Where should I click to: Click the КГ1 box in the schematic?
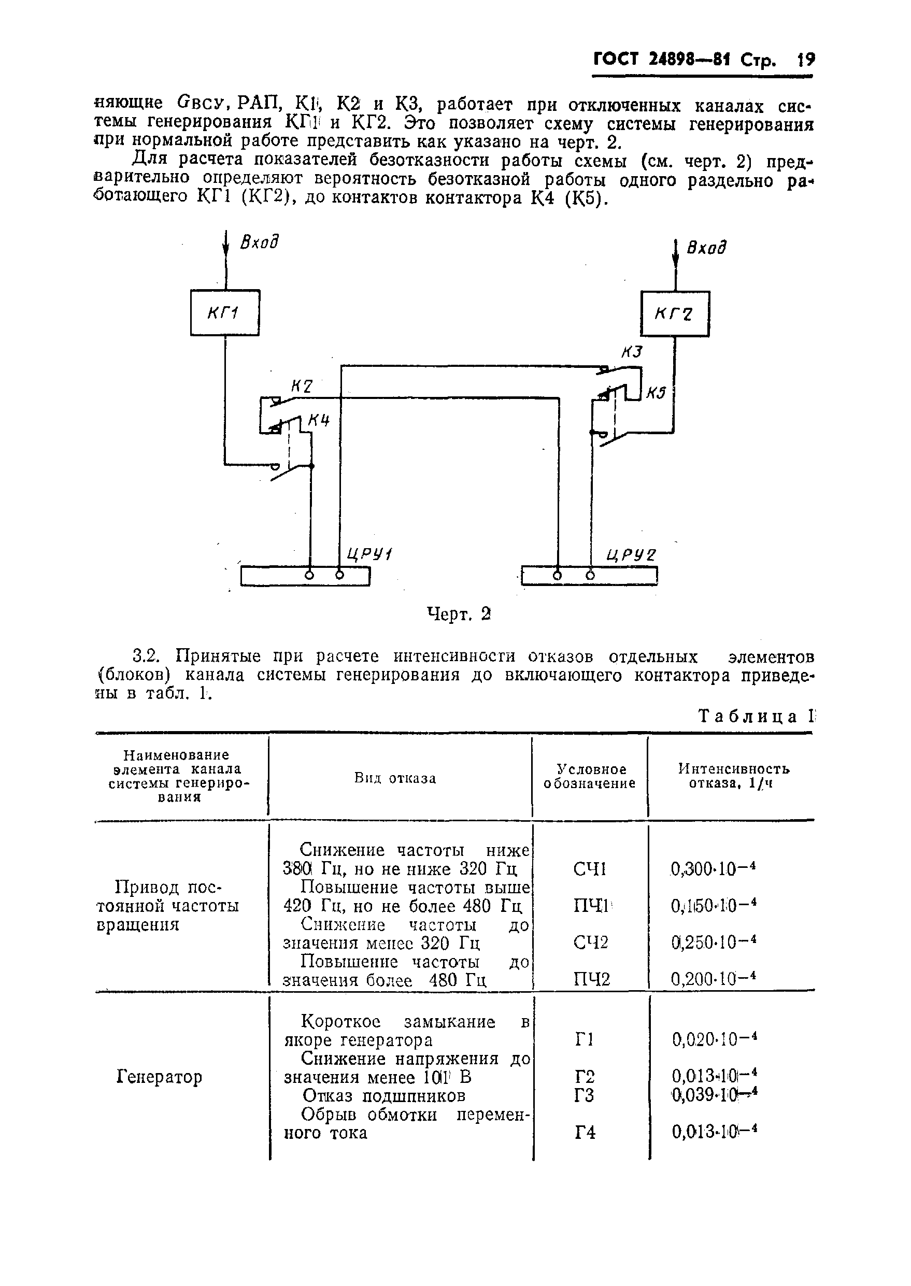click(x=224, y=313)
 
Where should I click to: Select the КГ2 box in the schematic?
click(x=675, y=314)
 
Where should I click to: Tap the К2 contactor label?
click(x=301, y=387)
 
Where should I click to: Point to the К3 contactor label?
click(x=631, y=352)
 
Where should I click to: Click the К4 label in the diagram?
click(x=319, y=420)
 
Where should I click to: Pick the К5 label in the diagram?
click(x=655, y=393)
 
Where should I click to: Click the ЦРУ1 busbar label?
click(x=369, y=554)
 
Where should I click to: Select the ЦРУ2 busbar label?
click(x=631, y=555)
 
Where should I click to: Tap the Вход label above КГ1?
click(x=259, y=242)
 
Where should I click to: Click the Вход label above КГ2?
click(x=706, y=247)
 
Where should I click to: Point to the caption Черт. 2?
click(x=459, y=614)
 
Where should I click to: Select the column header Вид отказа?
click(x=395, y=778)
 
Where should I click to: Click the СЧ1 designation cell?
click(x=590, y=869)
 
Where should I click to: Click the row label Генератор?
click(x=159, y=1077)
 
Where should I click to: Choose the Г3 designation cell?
click(x=585, y=1095)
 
